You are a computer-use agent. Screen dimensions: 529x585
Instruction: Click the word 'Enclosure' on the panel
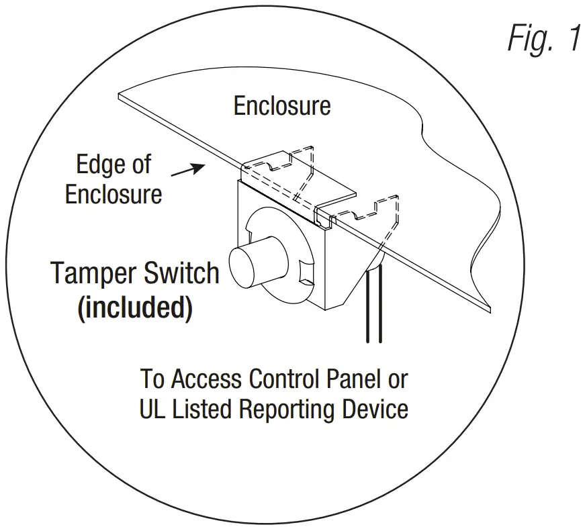tap(282, 105)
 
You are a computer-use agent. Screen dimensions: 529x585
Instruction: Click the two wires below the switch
tap(374, 309)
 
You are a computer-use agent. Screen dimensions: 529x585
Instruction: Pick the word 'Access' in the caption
tap(207, 379)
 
